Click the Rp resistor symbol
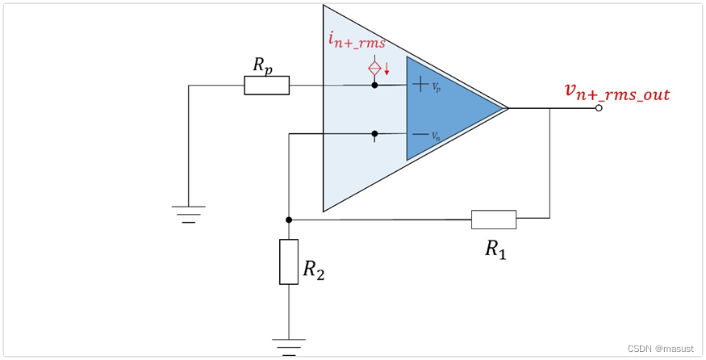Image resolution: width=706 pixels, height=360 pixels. (266, 86)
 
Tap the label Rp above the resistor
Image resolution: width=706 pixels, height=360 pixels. (262, 65)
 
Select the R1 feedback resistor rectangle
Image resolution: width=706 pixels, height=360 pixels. (493, 219)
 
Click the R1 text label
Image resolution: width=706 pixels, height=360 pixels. (495, 249)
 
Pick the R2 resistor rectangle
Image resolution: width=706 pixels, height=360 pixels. (289, 262)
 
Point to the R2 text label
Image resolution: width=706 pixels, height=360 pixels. (314, 270)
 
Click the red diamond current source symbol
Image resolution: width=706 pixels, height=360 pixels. (374, 69)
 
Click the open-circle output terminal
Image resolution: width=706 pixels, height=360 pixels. (598, 108)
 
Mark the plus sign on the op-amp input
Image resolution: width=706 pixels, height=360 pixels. (420, 82)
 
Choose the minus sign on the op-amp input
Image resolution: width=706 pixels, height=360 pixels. (420, 134)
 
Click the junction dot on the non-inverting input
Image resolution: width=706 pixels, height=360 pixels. (374, 85)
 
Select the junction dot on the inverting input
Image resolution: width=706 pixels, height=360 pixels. (374, 134)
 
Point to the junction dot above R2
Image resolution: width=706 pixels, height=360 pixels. (289, 219)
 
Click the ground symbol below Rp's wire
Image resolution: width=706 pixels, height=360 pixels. (188, 213)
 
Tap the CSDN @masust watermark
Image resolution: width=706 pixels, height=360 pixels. (661, 348)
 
